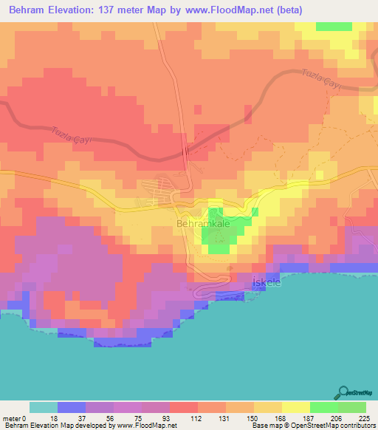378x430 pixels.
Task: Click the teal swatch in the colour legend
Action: pyautogui.click(x=44, y=407)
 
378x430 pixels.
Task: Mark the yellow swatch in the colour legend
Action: pyautogui.click(x=296, y=407)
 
